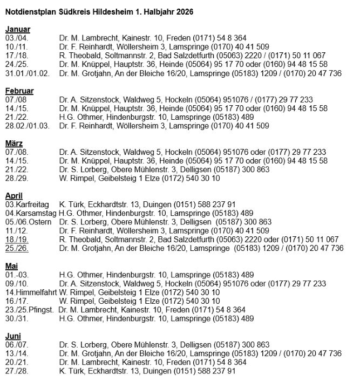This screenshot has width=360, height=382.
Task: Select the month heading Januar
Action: [x=18, y=30]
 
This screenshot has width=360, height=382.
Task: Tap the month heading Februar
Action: [x=19, y=91]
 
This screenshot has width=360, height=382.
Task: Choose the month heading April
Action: [x=15, y=196]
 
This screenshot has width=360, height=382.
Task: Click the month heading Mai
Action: [x=11, y=265]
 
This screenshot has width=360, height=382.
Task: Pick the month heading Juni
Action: [x=13, y=336]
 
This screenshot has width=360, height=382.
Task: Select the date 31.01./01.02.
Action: [x=27, y=73]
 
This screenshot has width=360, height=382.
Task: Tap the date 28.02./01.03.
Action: [x=27, y=126]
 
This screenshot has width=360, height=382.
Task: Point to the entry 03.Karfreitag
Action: [x=27, y=204]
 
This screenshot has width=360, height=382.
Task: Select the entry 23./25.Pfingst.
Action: [x=28, y=310]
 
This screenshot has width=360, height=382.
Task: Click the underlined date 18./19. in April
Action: [x=16, y=240]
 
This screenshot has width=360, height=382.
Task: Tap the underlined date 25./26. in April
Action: [x=16, y=248]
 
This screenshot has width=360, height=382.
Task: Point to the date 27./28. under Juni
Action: [x=16, y=371]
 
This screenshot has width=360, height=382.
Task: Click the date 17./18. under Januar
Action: [x=16, y=56]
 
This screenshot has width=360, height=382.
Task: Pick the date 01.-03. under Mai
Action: [x=16, y=275]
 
